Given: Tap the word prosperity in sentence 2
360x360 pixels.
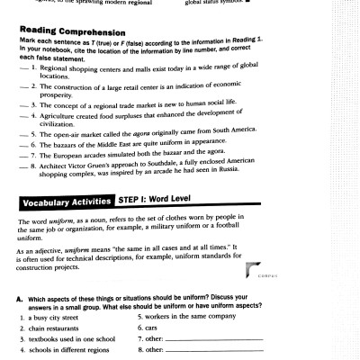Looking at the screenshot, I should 55,94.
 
